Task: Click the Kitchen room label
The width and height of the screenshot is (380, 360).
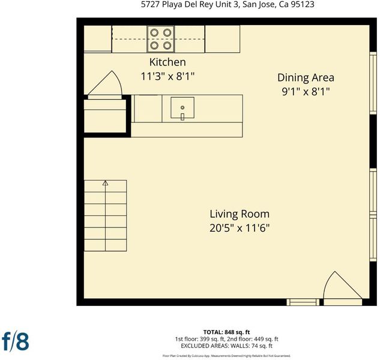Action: (167, 62)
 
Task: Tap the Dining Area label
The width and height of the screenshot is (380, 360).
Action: (306, 78)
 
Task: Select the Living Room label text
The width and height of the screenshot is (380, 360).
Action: (240, 214)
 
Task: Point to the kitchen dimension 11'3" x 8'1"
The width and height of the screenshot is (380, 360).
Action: (167, 77)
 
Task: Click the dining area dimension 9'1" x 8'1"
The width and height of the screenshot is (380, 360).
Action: (306, 92)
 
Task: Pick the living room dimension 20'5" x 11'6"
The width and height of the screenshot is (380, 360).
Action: (240, 228)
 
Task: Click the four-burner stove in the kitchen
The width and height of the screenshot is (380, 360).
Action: (161, 39)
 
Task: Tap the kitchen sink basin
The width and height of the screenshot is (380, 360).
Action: (182, 107)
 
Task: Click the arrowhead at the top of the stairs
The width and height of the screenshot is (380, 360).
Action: (105, 183)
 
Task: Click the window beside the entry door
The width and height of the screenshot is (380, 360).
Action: (303, 302)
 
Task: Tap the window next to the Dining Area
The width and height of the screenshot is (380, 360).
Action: (373, 83)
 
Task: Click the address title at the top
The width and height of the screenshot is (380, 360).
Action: (228, 4)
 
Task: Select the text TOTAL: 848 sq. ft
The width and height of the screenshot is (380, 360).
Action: (226, 332)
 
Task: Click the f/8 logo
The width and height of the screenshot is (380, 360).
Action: (15, 341)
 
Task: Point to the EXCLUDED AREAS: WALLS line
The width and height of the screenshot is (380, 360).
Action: (226, 346)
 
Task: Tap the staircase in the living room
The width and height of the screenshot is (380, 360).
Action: (105, 215)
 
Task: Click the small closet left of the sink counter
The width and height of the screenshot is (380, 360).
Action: (105, 116)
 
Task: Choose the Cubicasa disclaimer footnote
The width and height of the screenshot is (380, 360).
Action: (226, 356)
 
